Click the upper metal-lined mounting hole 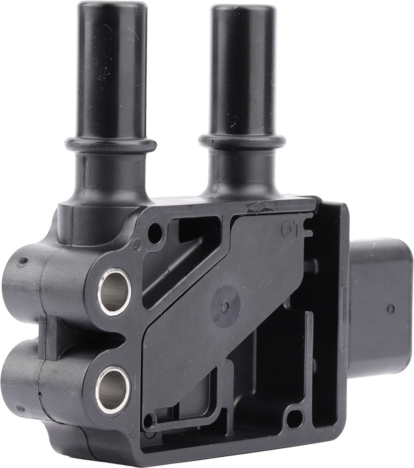(x=114, y=291)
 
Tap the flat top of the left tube (x=111, y=6)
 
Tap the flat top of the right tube (x=244, y=9)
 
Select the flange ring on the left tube (x=111, y=144)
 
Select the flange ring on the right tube (x=242, y=140)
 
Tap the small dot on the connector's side (x=391, y=309)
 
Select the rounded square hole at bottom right (x=295, y=419)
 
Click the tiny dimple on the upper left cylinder (x=21, y=262)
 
